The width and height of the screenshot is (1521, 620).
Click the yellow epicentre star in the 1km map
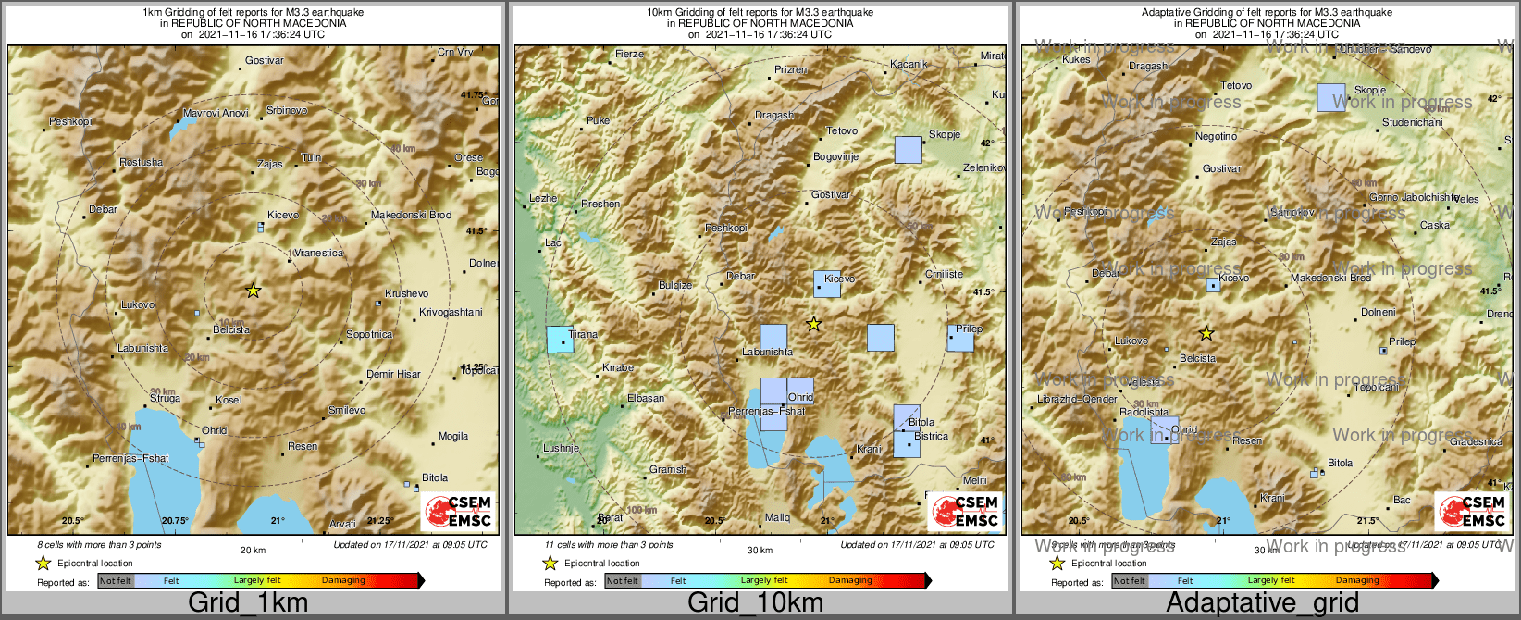pyautogui.click(x=253, y=291)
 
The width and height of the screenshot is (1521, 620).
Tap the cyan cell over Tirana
pyautogui.click(x=560, y=340)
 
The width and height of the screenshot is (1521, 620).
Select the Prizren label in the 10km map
pyautogui.click(x=791, y=69)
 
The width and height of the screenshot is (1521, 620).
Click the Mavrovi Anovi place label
pyautogui.click(x=216, y=113)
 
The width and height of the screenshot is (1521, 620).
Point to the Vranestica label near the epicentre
pyautogui.click(x=319, y=253)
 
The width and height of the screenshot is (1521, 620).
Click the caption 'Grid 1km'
pyautogui.click(x=247, y=602)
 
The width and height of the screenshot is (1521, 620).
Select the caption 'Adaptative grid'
pyautogui.click(x=1262, y=602)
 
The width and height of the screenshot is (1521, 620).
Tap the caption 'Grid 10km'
pyautogui.click(x=755, y=602)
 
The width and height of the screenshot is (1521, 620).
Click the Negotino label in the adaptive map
pyautogui.click(x=1216, y=136)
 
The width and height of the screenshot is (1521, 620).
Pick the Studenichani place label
pyautogui.click(x=1412, y=122)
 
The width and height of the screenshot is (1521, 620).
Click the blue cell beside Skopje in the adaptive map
pyautogui.click(x=1331, y=97)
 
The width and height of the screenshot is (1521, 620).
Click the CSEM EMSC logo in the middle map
pyautogui.click(x=965, y=511)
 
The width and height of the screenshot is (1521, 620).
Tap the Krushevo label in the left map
pyautogui.click(x=407, y=293)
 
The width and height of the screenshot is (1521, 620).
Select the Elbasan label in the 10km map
pyautogui.click(x=646, y=398)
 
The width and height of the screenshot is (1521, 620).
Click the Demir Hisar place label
pyautogui.click(x=393, y=374)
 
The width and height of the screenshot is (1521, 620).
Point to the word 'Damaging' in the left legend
pyautogui.click(x=343, y=580)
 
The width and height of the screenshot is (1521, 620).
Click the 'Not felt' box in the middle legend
pyautogui.click(x=623, y=581)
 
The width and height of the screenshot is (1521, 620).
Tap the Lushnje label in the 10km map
pyautogui.click(x=561, y=448)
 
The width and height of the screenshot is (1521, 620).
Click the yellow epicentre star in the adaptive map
pyautogui.click(x=1206, y=333)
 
